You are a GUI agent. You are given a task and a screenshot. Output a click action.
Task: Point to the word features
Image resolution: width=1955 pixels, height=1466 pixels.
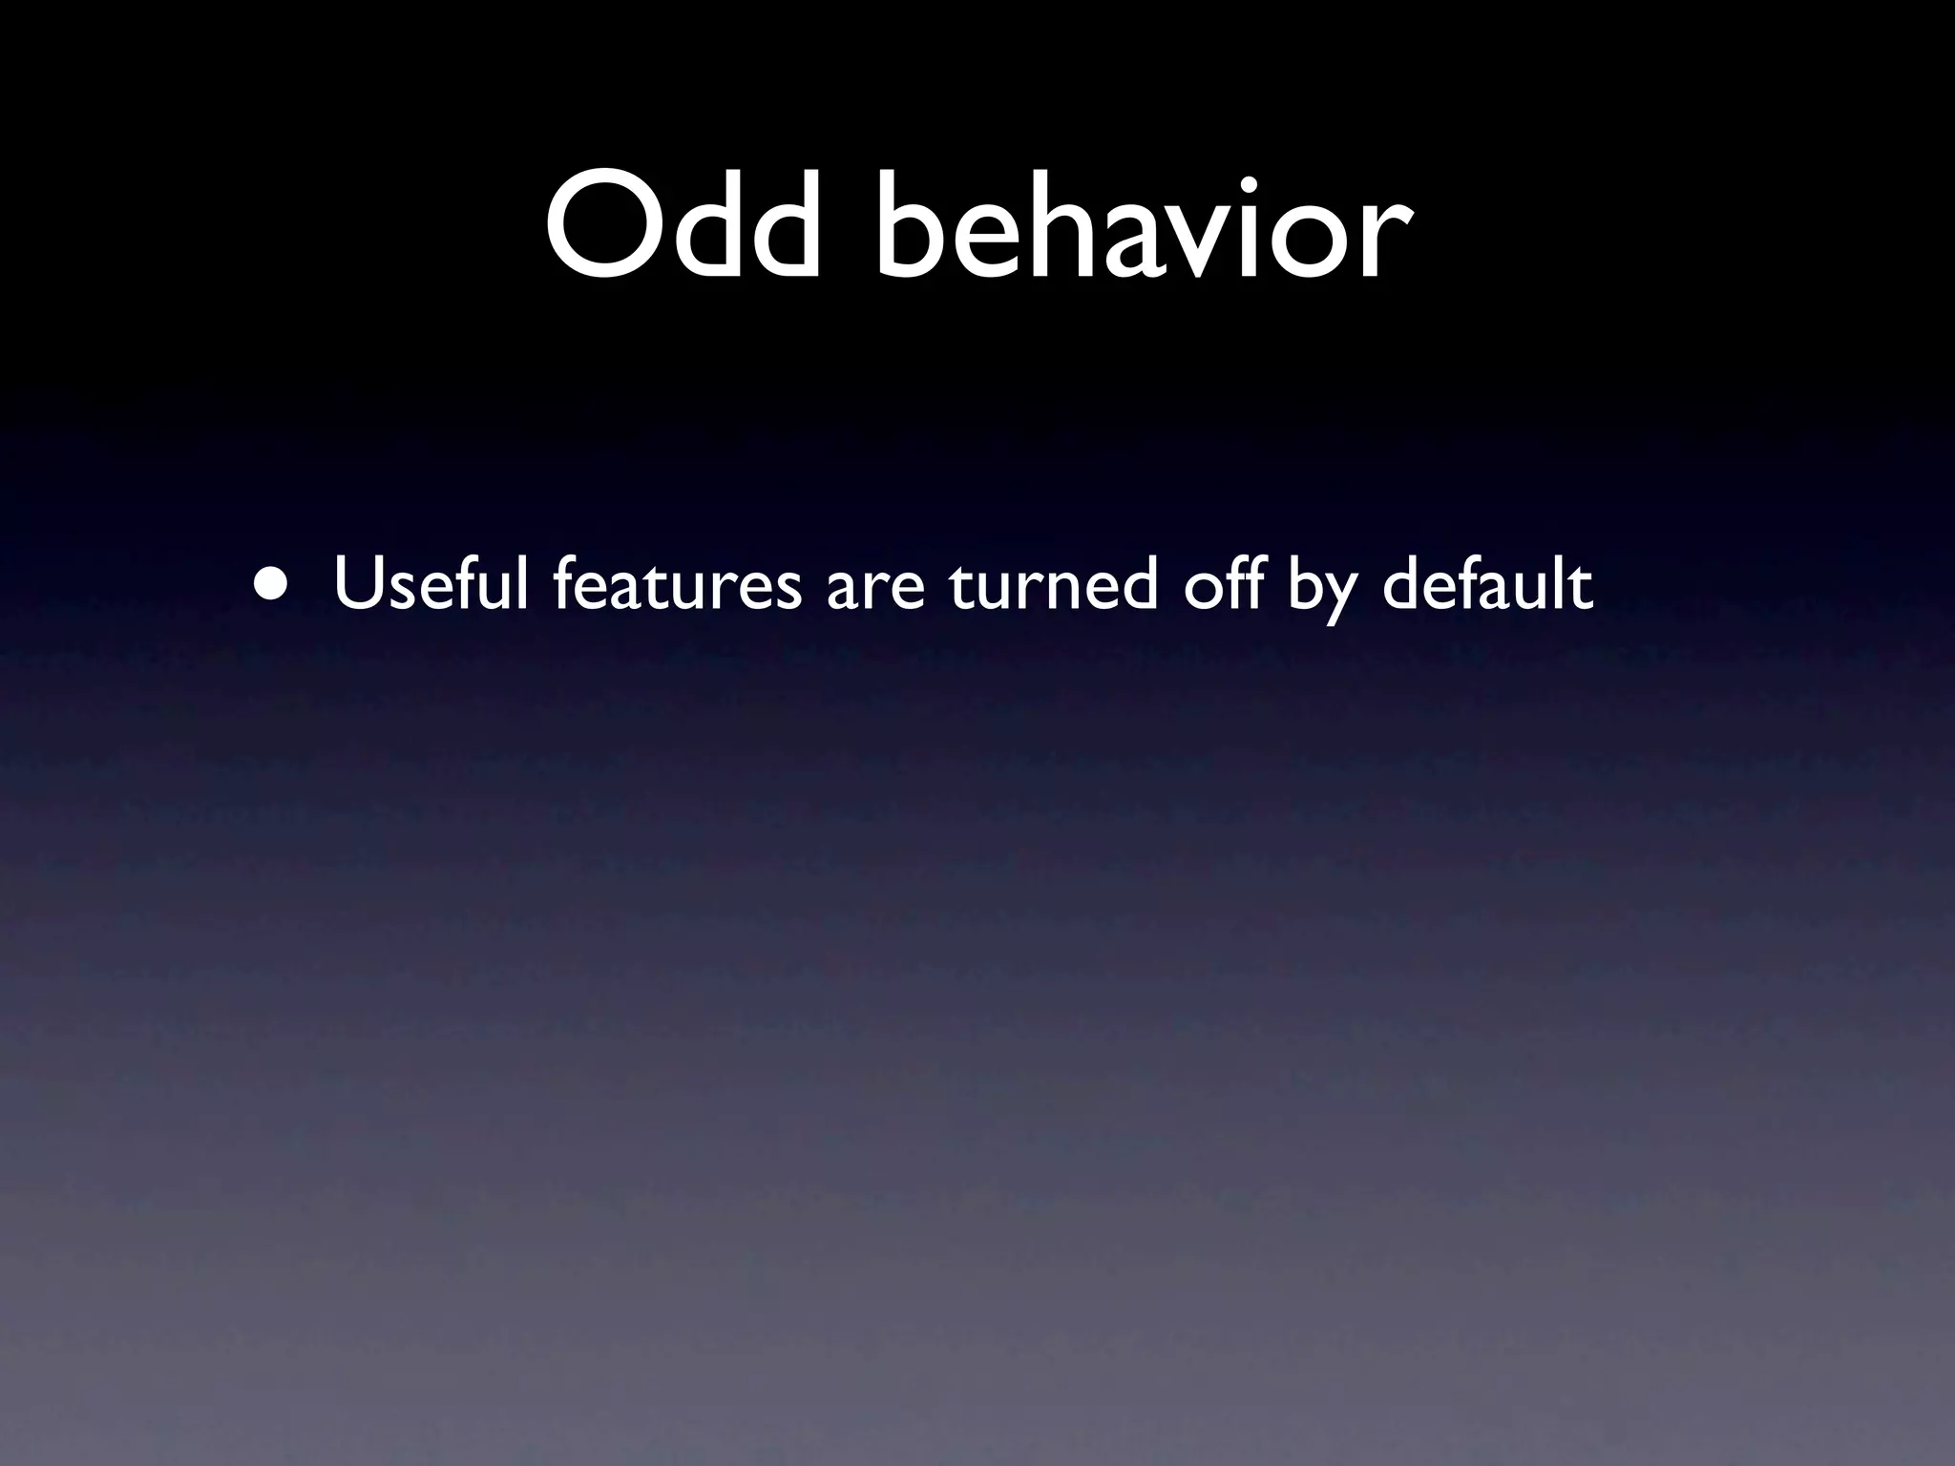(677, 584)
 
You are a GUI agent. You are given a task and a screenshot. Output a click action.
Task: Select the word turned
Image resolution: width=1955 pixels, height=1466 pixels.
(1054, 584)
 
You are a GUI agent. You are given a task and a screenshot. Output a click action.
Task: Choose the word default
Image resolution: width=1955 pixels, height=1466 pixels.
(1487, 584)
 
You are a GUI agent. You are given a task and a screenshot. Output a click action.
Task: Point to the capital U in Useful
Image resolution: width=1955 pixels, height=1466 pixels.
(357, 584)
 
